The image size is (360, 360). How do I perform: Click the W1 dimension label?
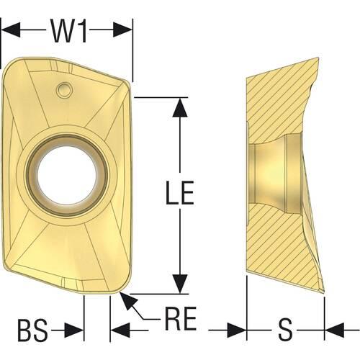[x=69, y=31]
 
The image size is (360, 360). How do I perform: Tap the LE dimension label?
[x=180, y=192]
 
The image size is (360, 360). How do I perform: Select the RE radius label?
[x=181, y=318]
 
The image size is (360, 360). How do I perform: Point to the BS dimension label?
[x=32, y=330]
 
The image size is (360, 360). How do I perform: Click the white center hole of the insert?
[x=66, y=176]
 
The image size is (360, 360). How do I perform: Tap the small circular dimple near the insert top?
[x=64, y=89]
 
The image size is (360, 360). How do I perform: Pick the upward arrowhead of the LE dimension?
[x=180, y=107]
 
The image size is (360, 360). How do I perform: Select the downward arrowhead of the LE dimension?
[x=180, y=284]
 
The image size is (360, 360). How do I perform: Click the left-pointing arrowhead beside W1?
[x=11, y=30]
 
